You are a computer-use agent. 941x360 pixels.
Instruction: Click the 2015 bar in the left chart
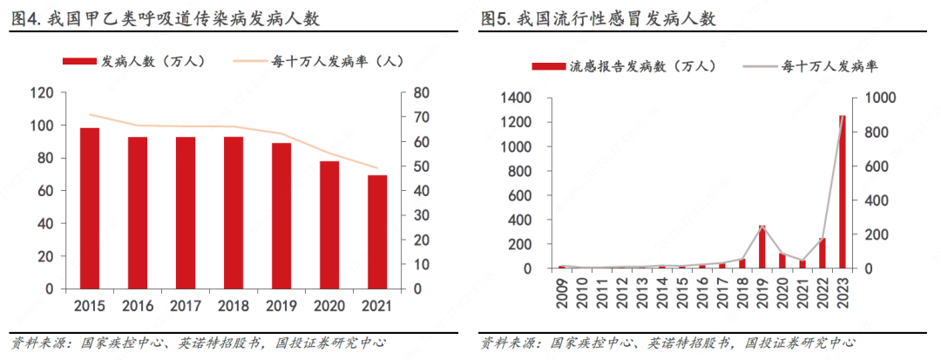[90, 208]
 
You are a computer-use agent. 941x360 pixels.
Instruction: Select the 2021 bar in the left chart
[377, 232]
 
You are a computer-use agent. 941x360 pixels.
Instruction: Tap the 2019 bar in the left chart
[281, 216]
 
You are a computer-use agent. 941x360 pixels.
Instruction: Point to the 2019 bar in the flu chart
[762, 247]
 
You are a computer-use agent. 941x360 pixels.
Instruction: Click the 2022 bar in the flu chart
[822, 253]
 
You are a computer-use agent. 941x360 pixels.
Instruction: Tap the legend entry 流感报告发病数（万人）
[626, 66]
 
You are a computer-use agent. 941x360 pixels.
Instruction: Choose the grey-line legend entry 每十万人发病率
[811, 66]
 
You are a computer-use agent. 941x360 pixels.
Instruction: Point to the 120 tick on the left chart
[42, 93]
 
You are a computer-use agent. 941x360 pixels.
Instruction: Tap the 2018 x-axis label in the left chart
[233, 307]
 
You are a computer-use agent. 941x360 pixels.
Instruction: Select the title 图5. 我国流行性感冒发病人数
[598, 18]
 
